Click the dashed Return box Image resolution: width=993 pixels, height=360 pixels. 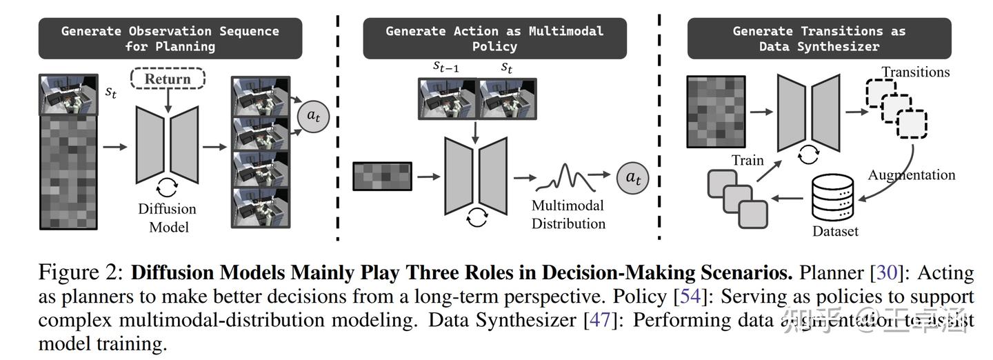167,79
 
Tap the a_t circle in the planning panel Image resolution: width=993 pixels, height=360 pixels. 313,116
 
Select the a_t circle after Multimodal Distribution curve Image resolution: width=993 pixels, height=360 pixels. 633,177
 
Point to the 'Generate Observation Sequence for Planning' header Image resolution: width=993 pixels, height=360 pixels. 170,39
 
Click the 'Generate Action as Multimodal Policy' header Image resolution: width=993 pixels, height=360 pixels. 494,39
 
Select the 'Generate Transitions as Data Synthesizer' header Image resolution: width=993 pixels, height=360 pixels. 819,39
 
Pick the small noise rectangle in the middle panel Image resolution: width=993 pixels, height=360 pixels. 382,176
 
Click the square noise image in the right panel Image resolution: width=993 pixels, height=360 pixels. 716,111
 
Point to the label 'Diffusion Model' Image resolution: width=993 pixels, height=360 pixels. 167,217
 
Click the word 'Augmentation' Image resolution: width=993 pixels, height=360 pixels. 911,174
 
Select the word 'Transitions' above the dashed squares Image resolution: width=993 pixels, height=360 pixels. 915,72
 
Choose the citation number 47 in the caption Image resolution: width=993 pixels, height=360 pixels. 597,320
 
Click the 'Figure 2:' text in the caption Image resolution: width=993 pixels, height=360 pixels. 81,272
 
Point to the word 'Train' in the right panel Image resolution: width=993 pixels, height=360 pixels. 748,160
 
